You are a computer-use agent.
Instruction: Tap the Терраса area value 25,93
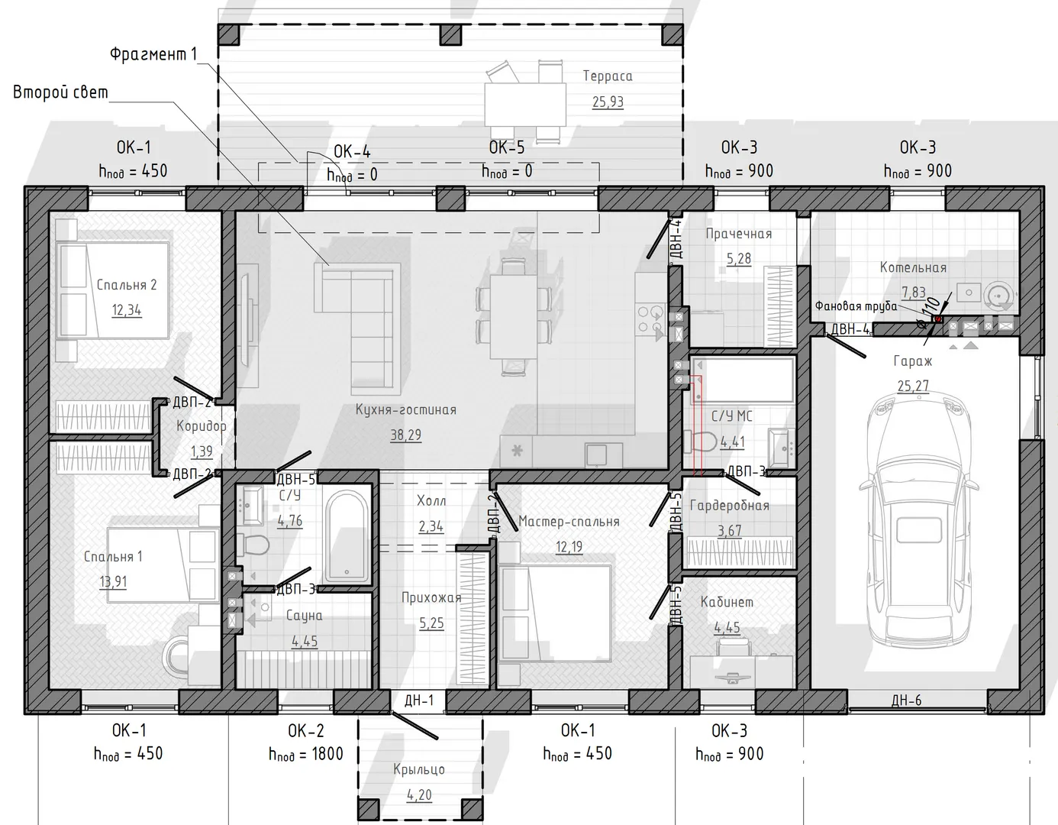[608, 102]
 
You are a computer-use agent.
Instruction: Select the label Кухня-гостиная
[405, 409]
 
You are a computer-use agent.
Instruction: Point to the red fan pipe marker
[937, 319]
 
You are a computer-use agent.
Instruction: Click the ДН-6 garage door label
[906, 700]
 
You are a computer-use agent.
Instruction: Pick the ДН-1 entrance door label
[419, 700]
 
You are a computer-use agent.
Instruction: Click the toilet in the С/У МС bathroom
[700, 441]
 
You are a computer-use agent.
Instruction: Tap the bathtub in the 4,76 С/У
[347, 535]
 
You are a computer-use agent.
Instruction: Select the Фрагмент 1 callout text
[153, 53]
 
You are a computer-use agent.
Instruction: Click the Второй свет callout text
[60, 92]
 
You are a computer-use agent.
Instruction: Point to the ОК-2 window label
[306, 730]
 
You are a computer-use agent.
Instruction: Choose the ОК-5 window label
[507, 147]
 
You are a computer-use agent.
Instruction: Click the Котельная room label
[913, 267]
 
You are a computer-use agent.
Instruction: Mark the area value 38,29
[405, 435]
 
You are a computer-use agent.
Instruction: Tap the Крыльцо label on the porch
[419, 769]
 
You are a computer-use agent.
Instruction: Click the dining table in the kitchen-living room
[513, 316]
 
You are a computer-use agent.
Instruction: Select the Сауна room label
[304, 616]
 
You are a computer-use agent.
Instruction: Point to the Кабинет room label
[727, 602]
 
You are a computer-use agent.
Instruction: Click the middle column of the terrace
[450, 34]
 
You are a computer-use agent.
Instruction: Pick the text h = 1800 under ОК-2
[306, 755]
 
